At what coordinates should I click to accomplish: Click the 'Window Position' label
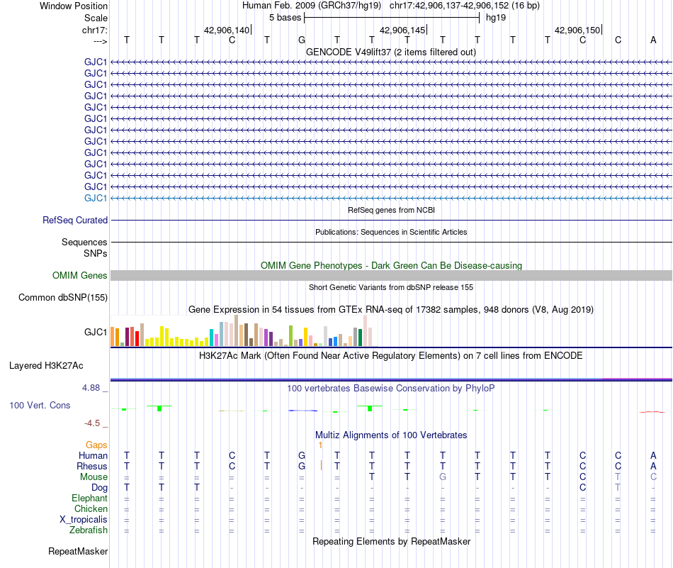pyautogui.click(x=74, y=6)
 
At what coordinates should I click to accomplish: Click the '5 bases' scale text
pyautogui.click(x=285, y=18)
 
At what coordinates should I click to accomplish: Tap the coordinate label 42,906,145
pyautogui.click(x=402, y=30)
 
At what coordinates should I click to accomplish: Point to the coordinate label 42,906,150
pyautogui.click(x=577, y=30)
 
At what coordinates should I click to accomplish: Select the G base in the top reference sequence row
pyautogui.click(x=302, y=40)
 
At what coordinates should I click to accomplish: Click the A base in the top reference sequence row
pyautogui.click(x=653, y=40)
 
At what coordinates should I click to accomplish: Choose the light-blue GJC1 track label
pyautogui.click(x=96, y=198)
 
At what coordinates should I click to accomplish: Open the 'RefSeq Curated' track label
pyautogui.click(x=75, y=220)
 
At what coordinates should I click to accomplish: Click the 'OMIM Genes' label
pyautogui.click(x=80, y=275)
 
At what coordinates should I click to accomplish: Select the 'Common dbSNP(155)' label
pyautogui.click(x=63, y=297)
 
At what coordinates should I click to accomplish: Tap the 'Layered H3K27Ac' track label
pyautogui.click(x=46, y=366)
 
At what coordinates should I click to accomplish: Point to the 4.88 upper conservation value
pyautogui.click(x=91, y=388)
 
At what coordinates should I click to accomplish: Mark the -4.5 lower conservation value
pyautogui.click(x=92, y=423)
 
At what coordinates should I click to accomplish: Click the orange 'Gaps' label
pyautogui.click(x=96, y=445)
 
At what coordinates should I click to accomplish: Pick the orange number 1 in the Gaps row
pyautogui.click(x=320, y=445)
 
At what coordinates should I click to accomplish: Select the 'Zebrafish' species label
pyautogui.click(x=89, y=530)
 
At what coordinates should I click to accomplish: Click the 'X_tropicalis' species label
pyautogui.click(x=84, y=520)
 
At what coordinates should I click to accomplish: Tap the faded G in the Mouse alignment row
pyautogui.click(x=443, y=477)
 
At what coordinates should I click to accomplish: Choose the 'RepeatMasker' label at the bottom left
pyautogui.click(x=78, y=551)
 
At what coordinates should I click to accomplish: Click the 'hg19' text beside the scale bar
pyautogui.click(x=496, y=18)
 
